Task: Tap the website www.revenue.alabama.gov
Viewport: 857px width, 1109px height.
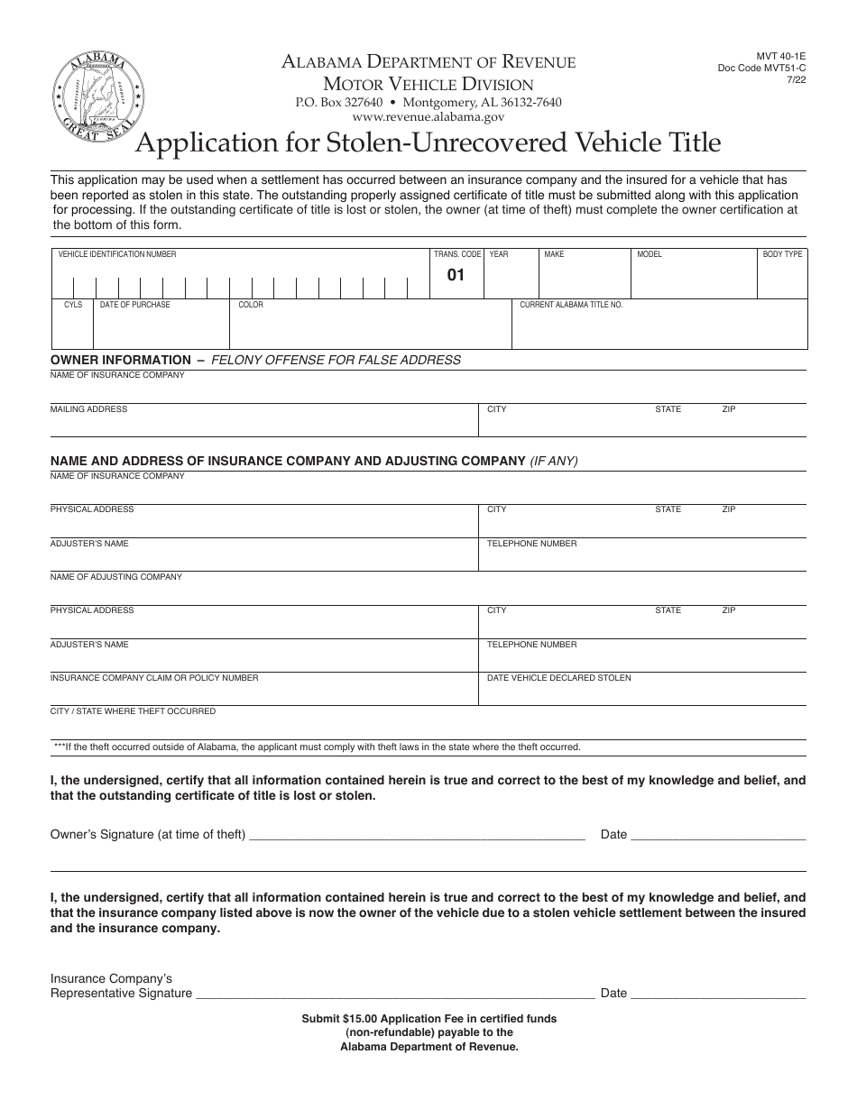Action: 428,116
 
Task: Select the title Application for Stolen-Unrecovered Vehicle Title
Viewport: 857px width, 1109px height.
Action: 428,142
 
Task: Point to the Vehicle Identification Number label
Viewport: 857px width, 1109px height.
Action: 117,254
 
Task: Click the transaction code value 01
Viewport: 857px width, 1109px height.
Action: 456,275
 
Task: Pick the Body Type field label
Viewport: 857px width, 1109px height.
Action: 782,254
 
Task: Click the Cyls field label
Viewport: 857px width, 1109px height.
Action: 73,305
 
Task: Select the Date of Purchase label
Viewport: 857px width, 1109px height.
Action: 134,305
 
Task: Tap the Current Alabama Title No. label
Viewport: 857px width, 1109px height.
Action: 571,305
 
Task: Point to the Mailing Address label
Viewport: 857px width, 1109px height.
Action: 88,409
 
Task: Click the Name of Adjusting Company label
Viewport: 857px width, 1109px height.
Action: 115,577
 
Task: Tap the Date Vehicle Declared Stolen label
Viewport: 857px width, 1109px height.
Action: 559,678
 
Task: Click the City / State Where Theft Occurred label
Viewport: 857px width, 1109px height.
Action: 133,711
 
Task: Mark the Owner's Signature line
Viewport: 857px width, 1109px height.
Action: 416,835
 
